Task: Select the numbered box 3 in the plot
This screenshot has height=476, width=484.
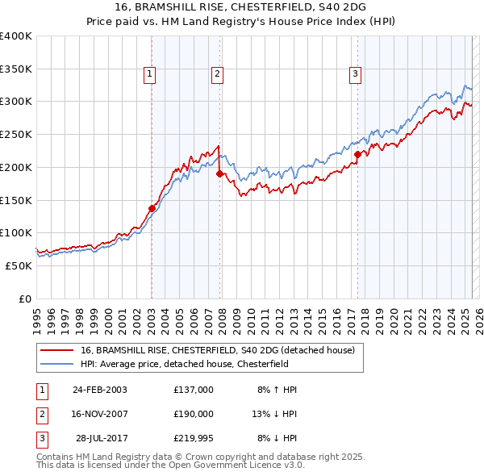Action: (356, 74)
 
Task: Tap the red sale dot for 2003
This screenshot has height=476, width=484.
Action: (152, 208)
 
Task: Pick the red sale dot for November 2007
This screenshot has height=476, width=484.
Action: (219, 173)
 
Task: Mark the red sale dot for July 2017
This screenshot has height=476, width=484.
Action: (357, 153)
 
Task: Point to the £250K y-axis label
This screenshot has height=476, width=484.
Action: (15, 135)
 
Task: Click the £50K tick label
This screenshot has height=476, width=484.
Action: (19, 265)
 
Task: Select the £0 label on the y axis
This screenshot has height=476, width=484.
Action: (25, 299)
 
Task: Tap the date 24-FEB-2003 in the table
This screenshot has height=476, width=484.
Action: (99, 390)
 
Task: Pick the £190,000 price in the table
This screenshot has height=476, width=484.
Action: (194, 414)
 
